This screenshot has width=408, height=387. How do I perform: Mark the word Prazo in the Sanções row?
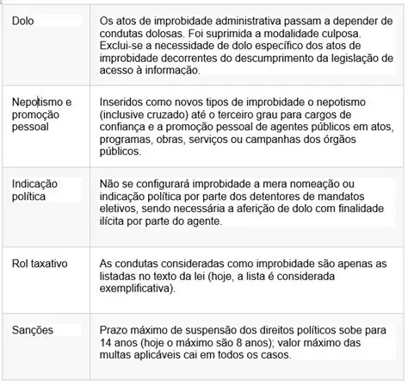coord(116,330)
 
